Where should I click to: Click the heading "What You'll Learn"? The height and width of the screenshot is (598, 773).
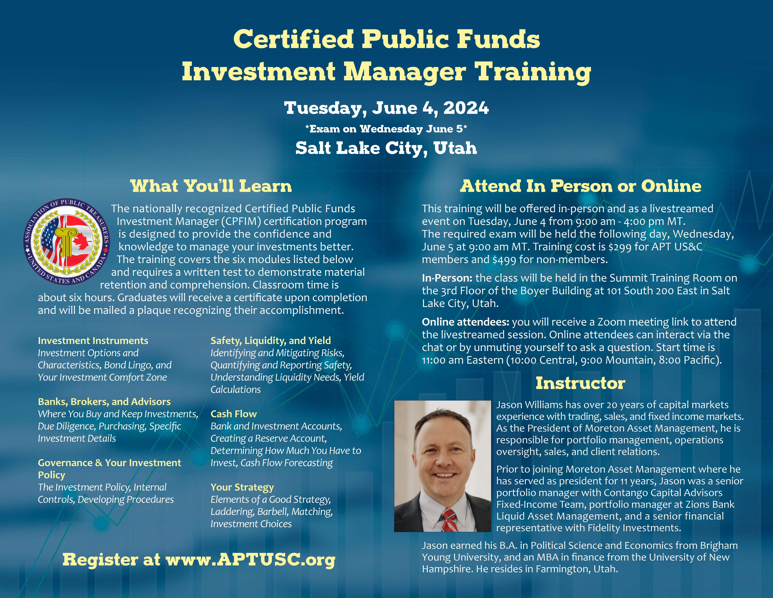click(211, 186)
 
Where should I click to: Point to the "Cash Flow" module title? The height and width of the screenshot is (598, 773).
click(234, 414)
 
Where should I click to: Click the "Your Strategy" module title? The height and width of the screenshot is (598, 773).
click(242, 487)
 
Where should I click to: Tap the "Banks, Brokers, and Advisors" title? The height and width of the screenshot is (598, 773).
click(104, 402)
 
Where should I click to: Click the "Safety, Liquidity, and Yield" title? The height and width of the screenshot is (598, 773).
click(271, 341)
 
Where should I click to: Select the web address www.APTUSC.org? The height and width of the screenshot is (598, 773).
click(251, 560)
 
